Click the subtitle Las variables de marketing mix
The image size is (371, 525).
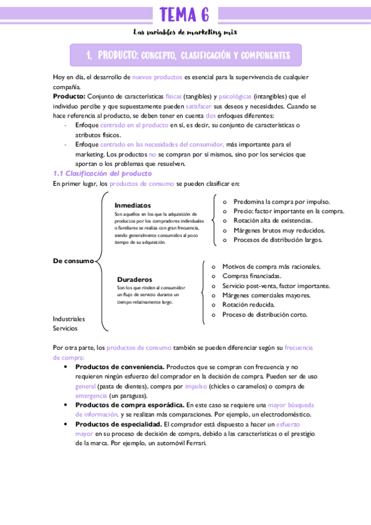185,32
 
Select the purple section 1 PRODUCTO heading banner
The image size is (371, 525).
185,55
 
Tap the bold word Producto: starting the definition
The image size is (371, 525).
69,97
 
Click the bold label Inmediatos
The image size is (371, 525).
133,205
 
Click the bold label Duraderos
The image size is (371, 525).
134,280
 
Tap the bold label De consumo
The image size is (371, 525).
73,261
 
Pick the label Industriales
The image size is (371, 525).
69,318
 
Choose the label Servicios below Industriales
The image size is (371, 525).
65,328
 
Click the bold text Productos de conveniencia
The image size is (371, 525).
120,367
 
